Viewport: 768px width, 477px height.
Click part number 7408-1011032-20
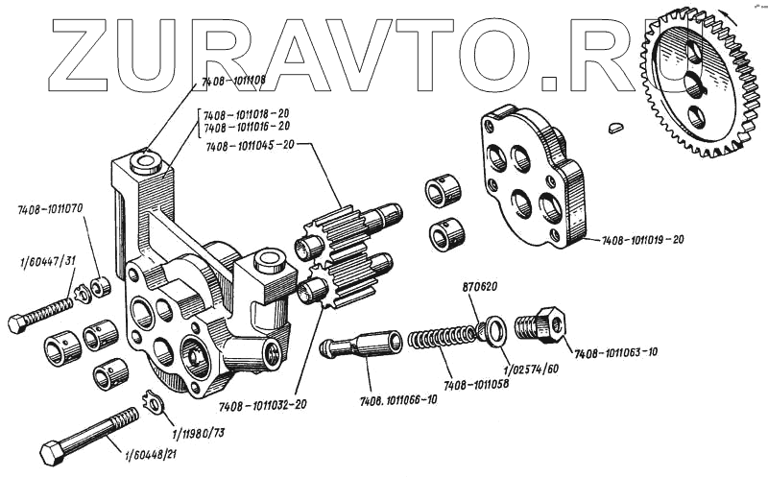click(261, 405)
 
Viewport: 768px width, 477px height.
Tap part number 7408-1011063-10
click(615, 354)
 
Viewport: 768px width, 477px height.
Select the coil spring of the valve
click(442, 337)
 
